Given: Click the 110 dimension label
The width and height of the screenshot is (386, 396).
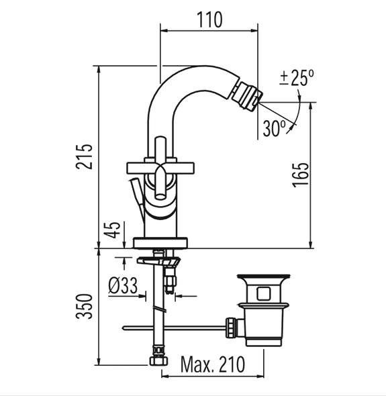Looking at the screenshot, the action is coord(209,19).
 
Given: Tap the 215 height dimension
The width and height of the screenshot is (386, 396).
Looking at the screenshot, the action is coord(84,156).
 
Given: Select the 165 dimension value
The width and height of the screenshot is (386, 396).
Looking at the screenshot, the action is coord(301,175).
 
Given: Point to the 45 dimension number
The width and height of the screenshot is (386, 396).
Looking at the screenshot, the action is coord(113,230).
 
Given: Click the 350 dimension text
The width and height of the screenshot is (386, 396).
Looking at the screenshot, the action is coord(85,306).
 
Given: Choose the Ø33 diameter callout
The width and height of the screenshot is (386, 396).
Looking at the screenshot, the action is coord(123,285).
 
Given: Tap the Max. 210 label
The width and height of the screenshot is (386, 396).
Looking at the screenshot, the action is coord(213,364).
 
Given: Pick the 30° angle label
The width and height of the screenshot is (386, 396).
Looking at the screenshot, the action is coord(275,128).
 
